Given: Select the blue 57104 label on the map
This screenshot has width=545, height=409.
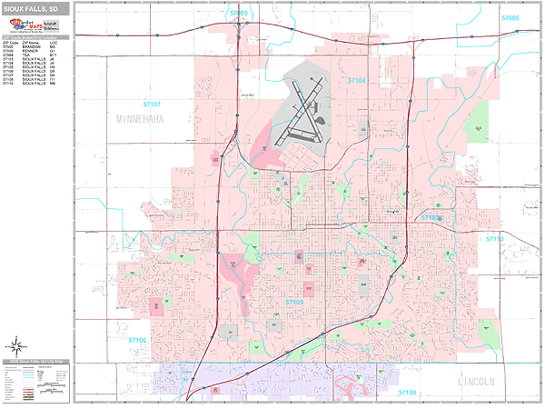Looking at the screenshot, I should coord(358,81).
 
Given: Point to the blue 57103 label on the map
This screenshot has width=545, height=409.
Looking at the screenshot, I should coord(431,219).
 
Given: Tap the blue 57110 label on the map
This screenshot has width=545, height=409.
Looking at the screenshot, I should coord(495,238).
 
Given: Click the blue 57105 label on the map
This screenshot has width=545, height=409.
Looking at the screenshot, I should coord(296,301).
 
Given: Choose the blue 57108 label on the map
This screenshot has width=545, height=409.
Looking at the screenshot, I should coord(409,393).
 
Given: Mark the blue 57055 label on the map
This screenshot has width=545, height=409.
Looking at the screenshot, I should coord(239,15).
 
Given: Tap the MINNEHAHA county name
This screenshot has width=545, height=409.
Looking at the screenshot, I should coord(151,119).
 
